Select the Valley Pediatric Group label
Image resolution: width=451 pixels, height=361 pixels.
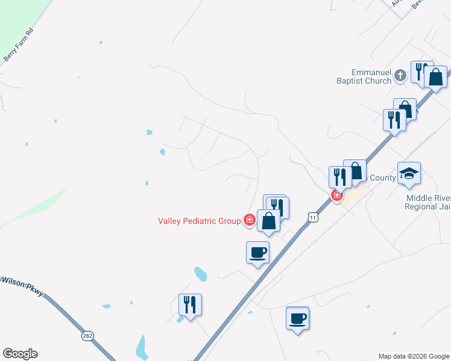[200, 221]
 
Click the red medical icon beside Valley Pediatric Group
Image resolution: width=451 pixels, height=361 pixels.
[249, 221]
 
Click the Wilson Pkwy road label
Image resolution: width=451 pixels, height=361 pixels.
[23, 285]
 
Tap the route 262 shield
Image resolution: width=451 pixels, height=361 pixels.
[88, 335]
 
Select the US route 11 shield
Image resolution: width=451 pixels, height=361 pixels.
[312, 217]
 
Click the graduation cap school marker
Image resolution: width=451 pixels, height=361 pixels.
[409, 174]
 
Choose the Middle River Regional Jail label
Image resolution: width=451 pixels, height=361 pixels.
[428, 202]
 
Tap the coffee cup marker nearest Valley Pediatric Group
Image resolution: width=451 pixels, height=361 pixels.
[257, 252]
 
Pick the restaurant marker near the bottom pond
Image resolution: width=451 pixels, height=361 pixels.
[190, 304]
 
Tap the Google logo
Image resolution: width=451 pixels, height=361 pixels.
[20, 354]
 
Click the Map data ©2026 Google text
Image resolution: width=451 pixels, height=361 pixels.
[414, 356]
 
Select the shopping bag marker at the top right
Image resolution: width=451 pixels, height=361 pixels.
[435, 77]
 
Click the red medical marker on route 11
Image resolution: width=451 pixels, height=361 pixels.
[336, 196]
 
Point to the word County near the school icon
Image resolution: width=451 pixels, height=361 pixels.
[382, 178]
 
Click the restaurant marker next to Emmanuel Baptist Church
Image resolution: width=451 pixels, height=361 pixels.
[420, 72]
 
